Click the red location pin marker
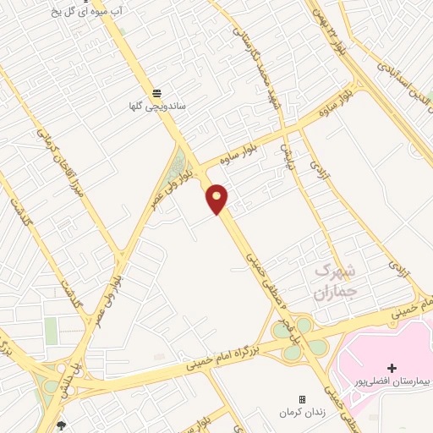click(x=218, y=198)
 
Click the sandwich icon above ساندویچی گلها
click(x=156, y=92)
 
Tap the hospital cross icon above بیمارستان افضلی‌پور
click(x=391, y=367)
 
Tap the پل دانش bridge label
click(x=77, y=372)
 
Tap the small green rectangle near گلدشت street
click(x=52, y=330)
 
